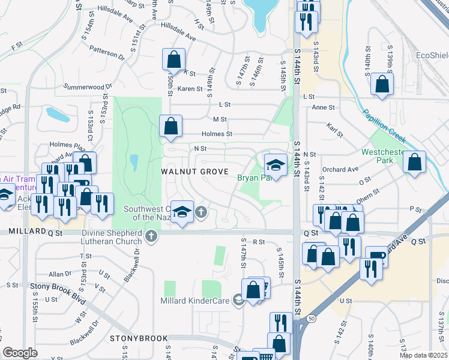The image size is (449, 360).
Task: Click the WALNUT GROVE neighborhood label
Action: click(x=195, y=172)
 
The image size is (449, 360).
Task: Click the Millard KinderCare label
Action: click(x=195, y=301)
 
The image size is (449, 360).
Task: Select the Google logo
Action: click(x=20, y=352)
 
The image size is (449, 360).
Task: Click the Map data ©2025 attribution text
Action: click(x=423, y=355)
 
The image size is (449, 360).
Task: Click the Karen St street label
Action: click(x=190, y=88)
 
